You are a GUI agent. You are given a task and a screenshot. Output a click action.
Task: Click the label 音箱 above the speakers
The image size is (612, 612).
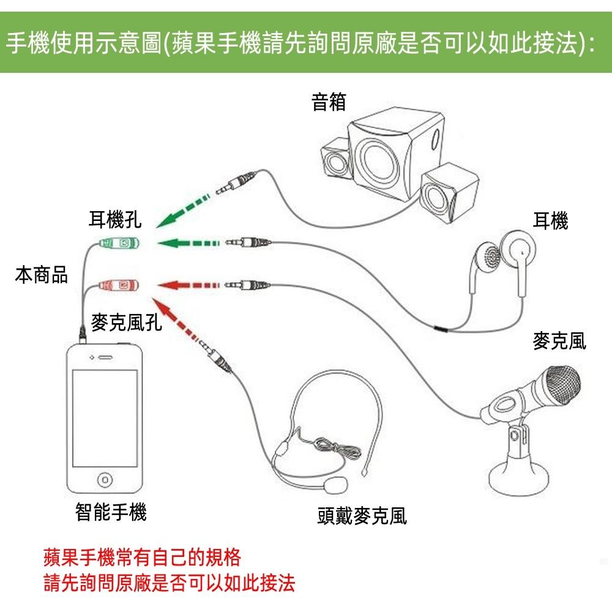[x=329, y=102]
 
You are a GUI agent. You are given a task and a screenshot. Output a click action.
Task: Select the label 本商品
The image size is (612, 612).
[x=41, y=275]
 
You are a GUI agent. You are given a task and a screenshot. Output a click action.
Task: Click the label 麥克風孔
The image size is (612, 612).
[x=127, y=323]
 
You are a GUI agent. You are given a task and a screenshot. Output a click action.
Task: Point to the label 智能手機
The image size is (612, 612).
[x=111, y=512]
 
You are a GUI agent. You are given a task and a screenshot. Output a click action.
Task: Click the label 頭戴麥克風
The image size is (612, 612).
[x=362, y=517]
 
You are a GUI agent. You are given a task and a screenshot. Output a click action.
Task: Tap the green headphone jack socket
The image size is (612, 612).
[x=121, y=243]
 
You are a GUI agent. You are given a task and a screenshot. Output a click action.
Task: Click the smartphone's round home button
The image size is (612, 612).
[x=105, y=479]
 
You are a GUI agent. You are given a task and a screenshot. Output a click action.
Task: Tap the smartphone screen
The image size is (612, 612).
[x=105, y=417]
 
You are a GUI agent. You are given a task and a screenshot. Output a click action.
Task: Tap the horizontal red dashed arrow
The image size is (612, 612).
[x=187, y=285]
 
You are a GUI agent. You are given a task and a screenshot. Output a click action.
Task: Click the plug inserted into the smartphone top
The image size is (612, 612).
[x=83, y=334]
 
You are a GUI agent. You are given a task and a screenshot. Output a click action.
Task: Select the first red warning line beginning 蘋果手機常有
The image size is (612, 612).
[x=142, y=558]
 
